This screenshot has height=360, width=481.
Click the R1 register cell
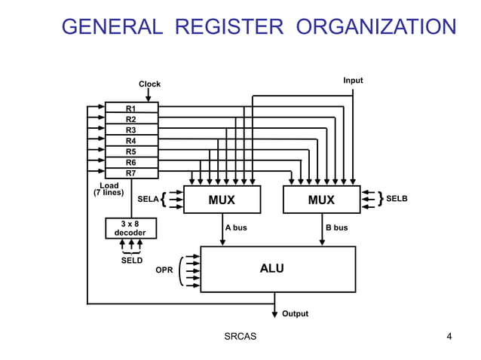pos(131,108)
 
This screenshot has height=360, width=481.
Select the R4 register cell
pos(131,141)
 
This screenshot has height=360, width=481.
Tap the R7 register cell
pos(131,173)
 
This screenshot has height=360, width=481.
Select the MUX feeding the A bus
pos(222,200)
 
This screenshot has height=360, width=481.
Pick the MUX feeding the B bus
pos(321,200)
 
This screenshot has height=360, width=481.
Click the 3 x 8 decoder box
pos(130,228)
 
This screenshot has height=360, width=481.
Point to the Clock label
pos(149,84)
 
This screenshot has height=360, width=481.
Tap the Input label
pos(353,80)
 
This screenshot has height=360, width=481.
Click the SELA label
pos(148,200)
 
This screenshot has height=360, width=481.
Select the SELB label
pos(397,199)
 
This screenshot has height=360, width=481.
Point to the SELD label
pos(132,261)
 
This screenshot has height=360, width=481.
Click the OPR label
pos(164,269)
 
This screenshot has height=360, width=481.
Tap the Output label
pos(295,313)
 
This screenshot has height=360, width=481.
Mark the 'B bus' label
pos(336,227)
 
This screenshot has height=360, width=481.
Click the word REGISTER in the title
pos(229,28)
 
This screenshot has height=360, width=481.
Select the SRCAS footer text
pos(240,336)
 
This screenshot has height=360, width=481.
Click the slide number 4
pos(449,336)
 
